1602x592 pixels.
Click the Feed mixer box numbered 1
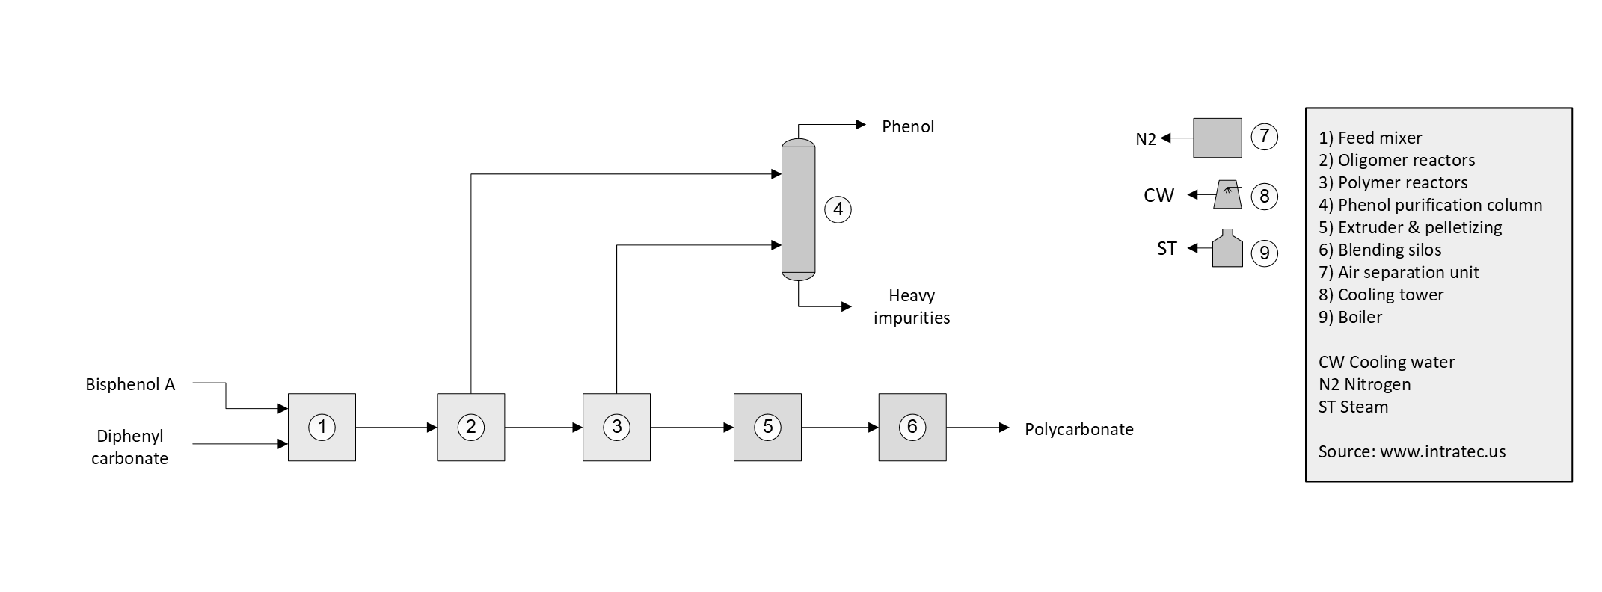click(x=322, y=427)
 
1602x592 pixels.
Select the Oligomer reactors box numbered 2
click(x=470, y=427)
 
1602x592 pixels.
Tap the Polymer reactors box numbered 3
click(x=616, y=427)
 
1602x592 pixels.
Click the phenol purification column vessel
click(x=798, y=209)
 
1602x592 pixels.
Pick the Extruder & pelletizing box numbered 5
click(x=767, y=427)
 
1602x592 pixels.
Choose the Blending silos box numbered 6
click(x=912, y=427)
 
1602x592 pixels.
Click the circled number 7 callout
click(x=1264, y=137)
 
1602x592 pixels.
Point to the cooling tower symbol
click(x=1228, y=194)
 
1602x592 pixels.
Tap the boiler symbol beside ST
click(x=1227, y=249)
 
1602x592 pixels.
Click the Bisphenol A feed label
click(x=130, y=385)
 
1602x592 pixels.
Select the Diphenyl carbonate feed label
click(x=129, y=447)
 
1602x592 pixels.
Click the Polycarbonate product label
click(x=1078, y=429)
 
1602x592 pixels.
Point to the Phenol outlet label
click(x=907, y=126)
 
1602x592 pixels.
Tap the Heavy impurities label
click(x=912, y=306)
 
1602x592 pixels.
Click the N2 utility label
click(x=1145, y=139)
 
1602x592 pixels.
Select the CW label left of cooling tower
click(x=1158, y=195)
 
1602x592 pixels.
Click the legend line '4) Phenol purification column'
click(x=1430, y=205)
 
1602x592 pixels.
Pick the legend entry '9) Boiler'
click(x=1350, y=317)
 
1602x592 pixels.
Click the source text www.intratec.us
click(x=1442, y=451)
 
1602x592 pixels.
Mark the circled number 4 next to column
click(x=838, y=209)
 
